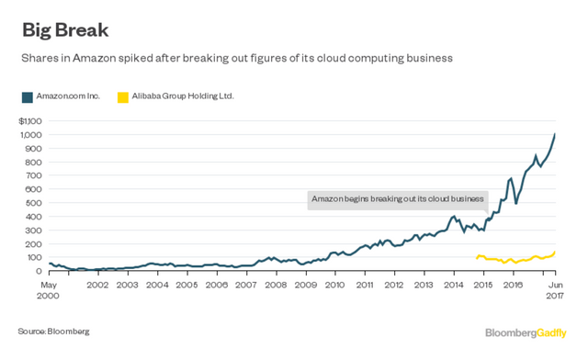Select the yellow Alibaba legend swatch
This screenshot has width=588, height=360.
click(x=123, y=96)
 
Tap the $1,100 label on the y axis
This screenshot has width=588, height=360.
click(x=31, y=121)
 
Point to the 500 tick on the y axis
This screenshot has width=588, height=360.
click(x=36, y=203)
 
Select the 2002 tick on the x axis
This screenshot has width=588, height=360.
click(x=99, y=286)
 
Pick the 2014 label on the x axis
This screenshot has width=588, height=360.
click(x=454, y=286)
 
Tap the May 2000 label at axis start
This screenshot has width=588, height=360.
click(x=49, y=291)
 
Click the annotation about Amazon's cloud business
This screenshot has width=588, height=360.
click(x=397, y=198)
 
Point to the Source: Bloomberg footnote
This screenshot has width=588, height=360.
click(x=53, y=330)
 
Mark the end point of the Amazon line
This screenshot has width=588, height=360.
click(x=556, y=135)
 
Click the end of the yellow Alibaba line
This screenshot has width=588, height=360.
click(x=556, y=252)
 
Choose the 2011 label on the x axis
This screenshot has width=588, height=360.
click(x=365, y=286)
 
